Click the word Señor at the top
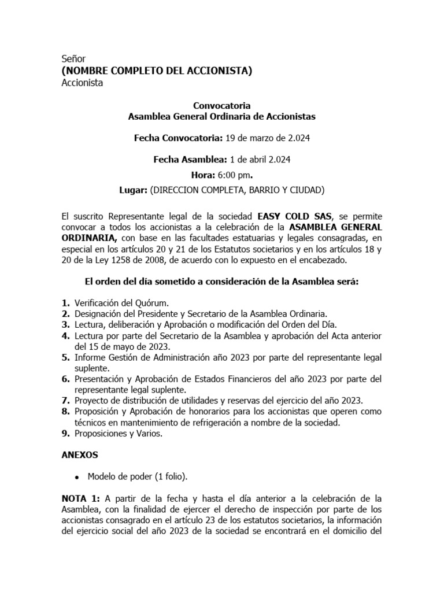tap(73, 59)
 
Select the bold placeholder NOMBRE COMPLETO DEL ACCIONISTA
tap(157, 71)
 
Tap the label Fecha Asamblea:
tap(190, 160)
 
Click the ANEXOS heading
tap(80, 455)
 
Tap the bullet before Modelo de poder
tap(77, 477)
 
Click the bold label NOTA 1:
tap(81, 498)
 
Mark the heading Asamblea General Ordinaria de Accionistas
tap(221, 117)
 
